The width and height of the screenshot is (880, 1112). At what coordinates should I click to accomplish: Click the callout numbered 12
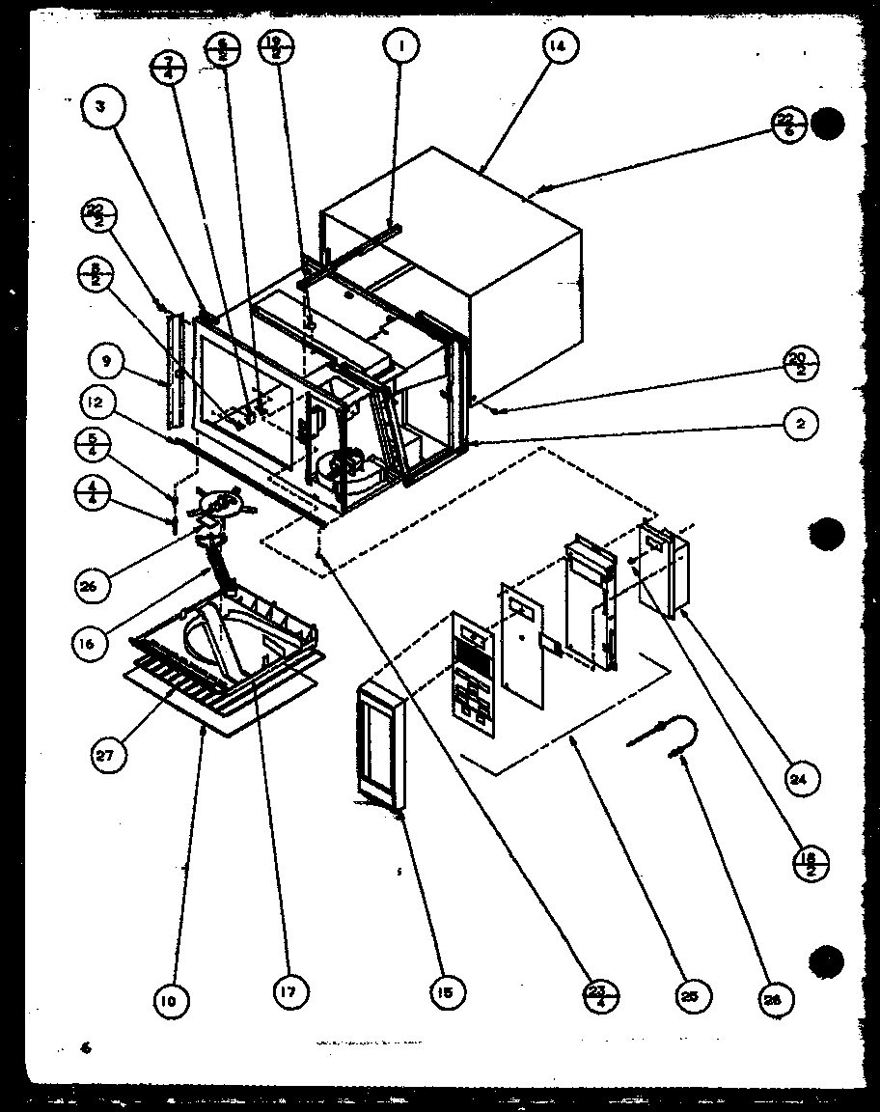(x=104, y=403)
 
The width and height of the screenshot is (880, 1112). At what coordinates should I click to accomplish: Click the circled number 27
(x=106, y=756)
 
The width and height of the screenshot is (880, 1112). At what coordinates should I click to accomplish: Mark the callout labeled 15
(x=448, y=989)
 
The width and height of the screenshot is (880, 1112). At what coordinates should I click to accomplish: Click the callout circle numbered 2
(x=800, y=423)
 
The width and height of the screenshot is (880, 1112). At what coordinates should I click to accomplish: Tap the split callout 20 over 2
(x=800, y=367)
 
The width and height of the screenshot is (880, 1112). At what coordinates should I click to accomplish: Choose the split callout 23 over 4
(x=600, y=993)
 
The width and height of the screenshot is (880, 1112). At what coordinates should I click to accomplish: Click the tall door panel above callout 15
(x=382, y=745)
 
